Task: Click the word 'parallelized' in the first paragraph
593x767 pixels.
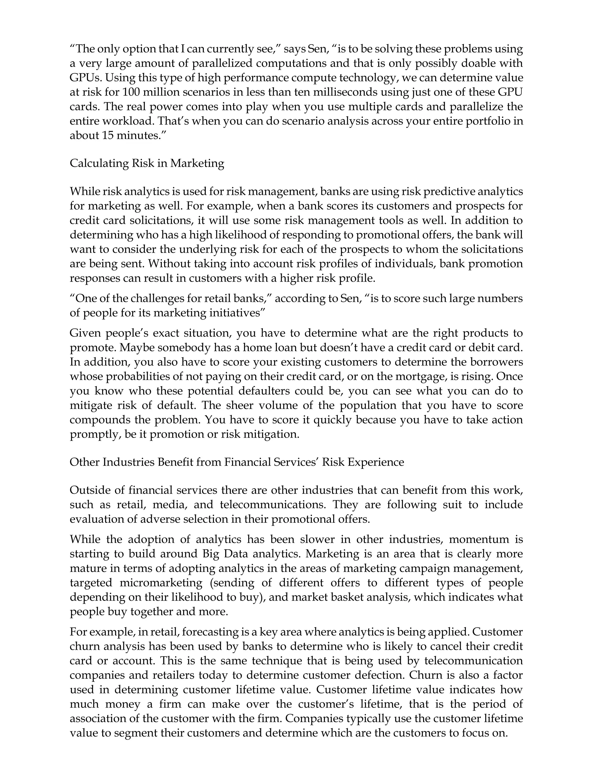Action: [222, 64]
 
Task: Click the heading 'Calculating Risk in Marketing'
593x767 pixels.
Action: [147, 163]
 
